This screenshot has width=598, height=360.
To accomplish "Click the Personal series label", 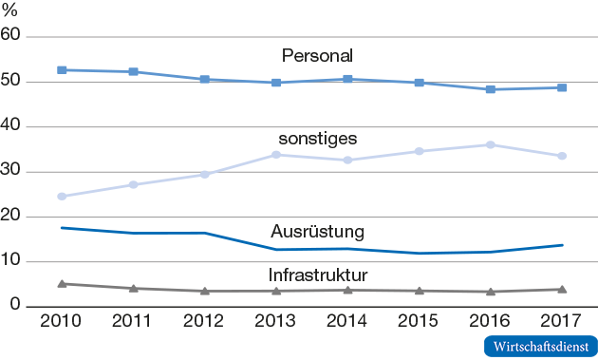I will click(x=318, y=54).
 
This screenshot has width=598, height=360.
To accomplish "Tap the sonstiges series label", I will click(x=318, y=139).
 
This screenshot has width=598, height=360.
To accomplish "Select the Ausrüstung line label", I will click(x=318, y=231).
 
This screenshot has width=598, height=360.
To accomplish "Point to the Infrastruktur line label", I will click(x=318, y=276).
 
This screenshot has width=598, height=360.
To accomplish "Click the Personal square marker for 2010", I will click(x=62, y=70).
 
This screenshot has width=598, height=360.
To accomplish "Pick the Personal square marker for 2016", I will click(x=491, y=89).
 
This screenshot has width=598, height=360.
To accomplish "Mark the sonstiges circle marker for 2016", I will click(x=491, y=144).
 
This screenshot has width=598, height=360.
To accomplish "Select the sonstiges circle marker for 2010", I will click(x=62, y=197).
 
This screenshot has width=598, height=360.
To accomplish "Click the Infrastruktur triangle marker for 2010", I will click(x=62, y=283).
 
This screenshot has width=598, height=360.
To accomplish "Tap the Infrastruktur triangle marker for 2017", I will click(x=562, y=289).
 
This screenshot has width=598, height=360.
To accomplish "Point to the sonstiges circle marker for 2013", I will click(x=276, y=154).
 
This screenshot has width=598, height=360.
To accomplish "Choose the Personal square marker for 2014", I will click(x=347, y=79).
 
